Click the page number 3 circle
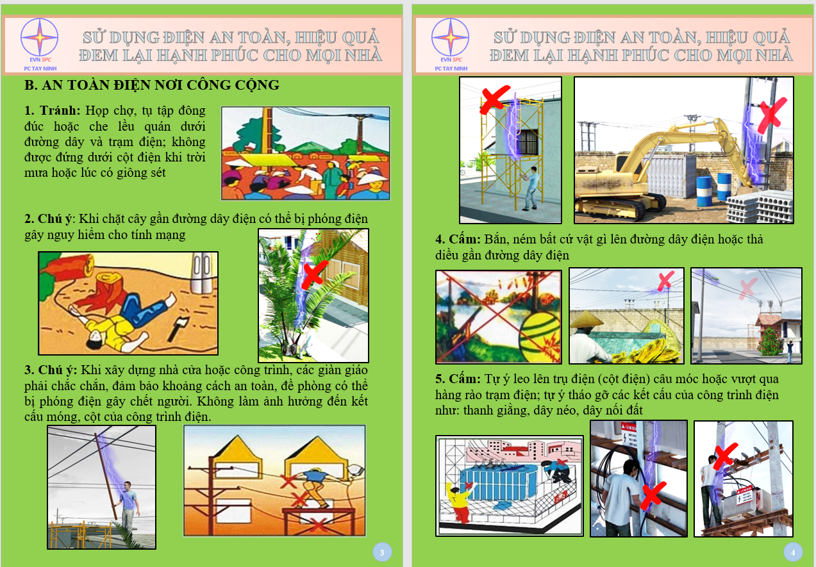382,552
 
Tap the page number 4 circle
793,552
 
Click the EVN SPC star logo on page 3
39,37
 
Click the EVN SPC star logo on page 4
450,37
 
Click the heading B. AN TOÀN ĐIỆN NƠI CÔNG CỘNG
152,85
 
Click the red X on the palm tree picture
315,274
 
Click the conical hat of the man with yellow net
587,318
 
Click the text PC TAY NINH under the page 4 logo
451,69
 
